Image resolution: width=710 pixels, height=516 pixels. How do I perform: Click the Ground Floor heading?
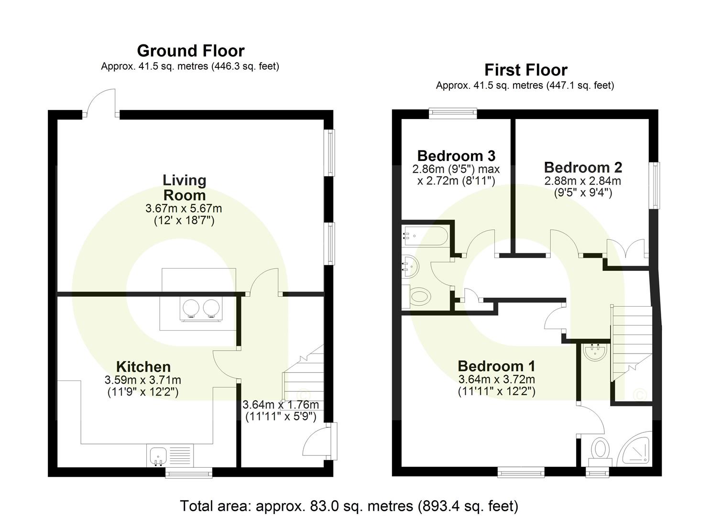190,51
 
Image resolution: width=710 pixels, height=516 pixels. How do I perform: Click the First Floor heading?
525,70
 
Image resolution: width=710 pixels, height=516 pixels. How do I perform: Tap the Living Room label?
184,188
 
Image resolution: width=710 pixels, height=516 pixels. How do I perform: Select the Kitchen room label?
143,367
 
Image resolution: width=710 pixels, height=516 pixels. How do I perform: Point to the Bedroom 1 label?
496,366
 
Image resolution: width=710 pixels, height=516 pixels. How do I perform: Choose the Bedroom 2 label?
583,168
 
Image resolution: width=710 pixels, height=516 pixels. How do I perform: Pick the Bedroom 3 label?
456,156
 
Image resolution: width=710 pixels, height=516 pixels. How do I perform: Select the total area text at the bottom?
349,505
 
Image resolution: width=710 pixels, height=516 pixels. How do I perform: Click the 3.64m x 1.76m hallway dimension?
281,410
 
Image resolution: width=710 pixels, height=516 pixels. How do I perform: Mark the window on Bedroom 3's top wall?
453,113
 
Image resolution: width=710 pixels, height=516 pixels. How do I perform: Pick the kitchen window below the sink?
189,473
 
